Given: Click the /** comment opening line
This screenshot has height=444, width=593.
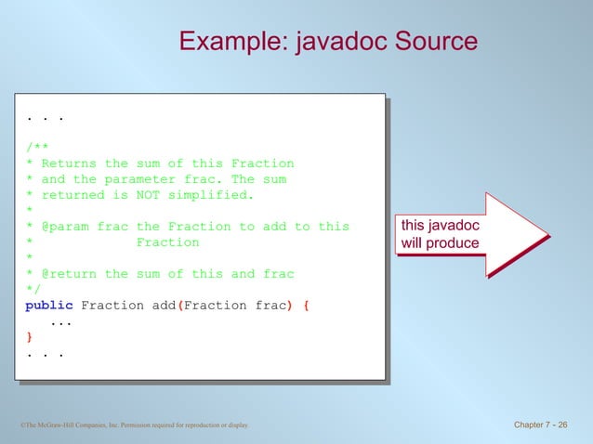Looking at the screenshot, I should point(38,148).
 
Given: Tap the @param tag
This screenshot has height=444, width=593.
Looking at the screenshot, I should point(66,227).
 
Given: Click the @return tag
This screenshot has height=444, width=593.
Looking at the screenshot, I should point(70,274).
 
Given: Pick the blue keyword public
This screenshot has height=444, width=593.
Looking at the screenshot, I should point(49,306).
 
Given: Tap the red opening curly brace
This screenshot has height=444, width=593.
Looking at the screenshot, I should point(309,306).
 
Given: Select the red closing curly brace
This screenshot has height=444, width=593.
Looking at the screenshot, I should point(29,337).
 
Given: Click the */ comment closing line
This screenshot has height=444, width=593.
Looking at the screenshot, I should point(33,290).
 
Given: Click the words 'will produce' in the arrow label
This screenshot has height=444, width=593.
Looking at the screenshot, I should point(440,244).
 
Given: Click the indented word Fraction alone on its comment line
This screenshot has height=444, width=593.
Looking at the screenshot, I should point(168,242).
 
